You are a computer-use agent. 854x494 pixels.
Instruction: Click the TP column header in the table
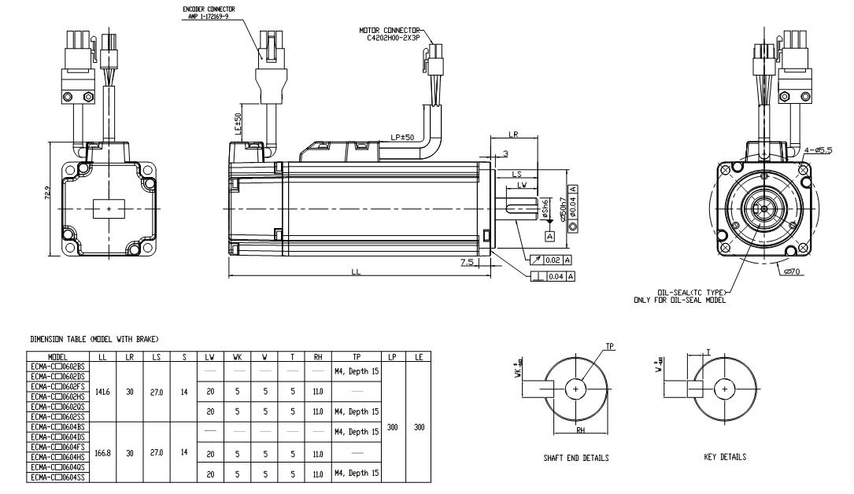[x=346, y=356]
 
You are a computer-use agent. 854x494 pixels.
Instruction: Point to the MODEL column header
[x=58, y=356]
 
